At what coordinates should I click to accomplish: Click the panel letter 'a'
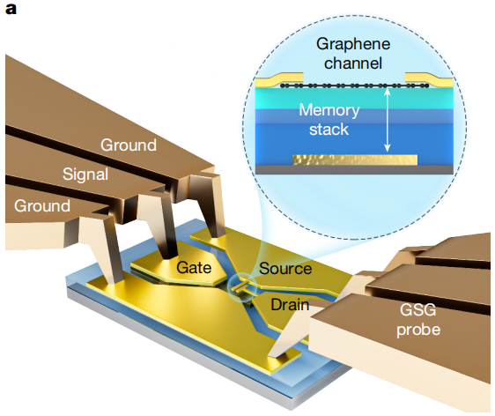point(11,9)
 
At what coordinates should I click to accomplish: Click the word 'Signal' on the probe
point(85,175)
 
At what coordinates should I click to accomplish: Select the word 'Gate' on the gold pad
point(194,268)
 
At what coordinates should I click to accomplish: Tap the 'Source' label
point(285,269)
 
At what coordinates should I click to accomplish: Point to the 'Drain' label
point(290,305)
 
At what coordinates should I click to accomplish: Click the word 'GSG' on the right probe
point(418,310)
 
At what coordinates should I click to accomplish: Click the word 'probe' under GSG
point(418,331)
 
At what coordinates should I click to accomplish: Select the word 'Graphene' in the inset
point(353,44)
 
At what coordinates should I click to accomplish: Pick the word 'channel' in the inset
point(353,63)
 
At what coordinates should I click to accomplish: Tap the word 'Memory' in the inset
point(329,110)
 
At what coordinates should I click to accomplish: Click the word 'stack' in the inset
point(329,130)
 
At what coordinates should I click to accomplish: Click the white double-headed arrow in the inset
point(388,120)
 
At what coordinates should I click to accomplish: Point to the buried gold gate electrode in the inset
point(355,160)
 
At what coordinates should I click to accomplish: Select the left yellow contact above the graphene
point(279,79)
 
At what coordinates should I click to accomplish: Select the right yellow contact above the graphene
point(429,79)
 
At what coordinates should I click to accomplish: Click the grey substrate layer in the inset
point(354,170)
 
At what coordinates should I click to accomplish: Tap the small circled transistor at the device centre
point(242,286)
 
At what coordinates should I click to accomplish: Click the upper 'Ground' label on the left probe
point(129,145)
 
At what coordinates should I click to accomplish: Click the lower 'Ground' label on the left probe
point(42,206)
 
